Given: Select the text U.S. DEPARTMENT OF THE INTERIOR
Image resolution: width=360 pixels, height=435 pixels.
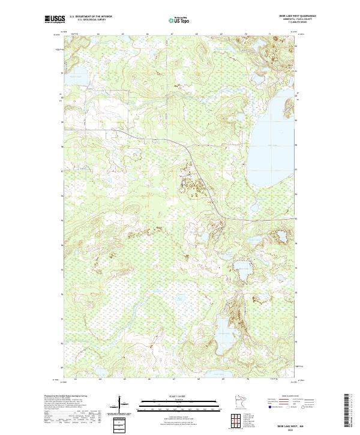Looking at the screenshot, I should (x=91, y=17).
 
